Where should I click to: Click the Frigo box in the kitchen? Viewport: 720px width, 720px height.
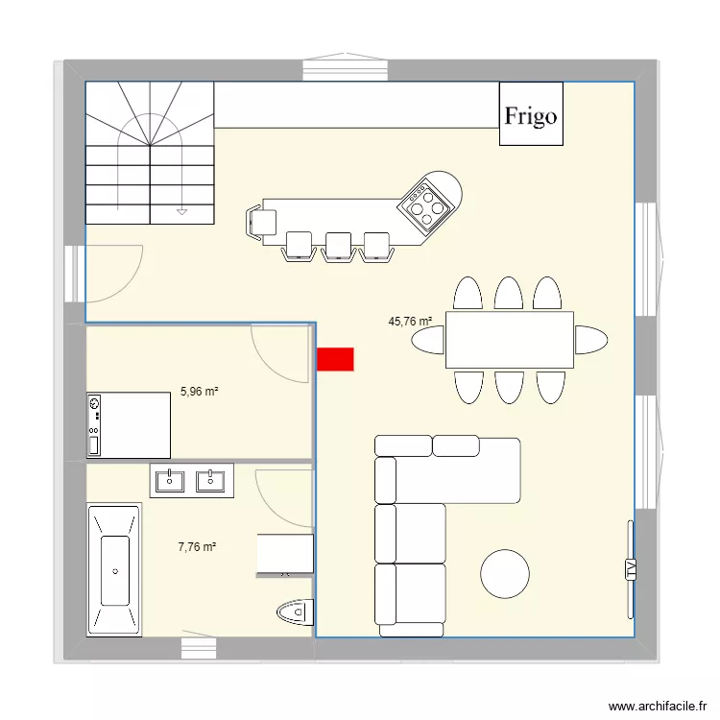pos(531,114)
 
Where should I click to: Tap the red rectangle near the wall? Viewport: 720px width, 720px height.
pos(335,359)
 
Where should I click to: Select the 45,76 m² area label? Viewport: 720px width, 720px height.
pos(410,323)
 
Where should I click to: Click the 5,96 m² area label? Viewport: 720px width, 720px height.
pos(199,391)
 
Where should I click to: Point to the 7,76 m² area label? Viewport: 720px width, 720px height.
pos(197,547)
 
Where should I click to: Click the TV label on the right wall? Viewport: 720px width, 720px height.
pos(631,569)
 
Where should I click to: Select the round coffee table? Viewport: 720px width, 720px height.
pos(504,574)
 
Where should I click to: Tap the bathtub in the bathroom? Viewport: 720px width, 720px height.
pos(115,569)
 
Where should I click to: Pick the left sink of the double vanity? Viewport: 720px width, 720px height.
pos(171,479)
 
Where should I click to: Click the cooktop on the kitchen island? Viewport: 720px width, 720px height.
pos(426,205)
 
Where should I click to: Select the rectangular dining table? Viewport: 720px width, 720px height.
pos(509,340)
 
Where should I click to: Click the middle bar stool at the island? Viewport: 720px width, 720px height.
pos(338,246)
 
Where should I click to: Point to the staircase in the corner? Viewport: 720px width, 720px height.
pos(149,154)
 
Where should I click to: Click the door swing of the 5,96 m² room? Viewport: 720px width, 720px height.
pos(278,350)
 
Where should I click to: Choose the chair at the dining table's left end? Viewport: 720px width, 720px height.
pos(429,340)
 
